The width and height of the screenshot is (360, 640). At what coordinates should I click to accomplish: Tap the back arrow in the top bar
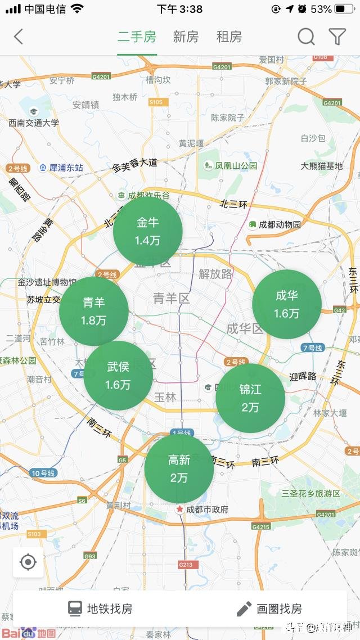[19, 37]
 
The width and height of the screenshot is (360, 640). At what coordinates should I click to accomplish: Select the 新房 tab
[186, 37]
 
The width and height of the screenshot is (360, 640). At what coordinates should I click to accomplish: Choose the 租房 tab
[229, 37]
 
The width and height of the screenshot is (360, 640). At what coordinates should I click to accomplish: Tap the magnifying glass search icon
[306, 37]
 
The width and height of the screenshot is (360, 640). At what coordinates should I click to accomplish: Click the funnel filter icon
[337, 37]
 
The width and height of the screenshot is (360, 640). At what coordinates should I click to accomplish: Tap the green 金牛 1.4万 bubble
[148, 231]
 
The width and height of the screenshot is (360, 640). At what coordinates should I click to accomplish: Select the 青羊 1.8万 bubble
[94, 311]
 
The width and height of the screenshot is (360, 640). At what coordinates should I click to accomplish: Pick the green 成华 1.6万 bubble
[287, 304]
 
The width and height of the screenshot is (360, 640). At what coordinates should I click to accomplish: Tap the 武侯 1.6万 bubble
[118, 376]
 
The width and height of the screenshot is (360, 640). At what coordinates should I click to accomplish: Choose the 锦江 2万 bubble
[250, 398]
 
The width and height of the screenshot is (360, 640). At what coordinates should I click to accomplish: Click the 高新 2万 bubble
[179, 468]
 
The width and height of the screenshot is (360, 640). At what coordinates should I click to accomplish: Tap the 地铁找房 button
[100, 609]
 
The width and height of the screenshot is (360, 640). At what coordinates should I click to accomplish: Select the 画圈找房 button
[269, 609]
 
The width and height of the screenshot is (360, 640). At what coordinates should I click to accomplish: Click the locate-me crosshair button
[28, 562]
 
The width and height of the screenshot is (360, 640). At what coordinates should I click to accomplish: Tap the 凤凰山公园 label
[231, 166]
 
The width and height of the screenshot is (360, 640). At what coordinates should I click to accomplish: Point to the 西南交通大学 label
[34, 123]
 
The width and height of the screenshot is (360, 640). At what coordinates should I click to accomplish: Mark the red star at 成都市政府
[180, 509]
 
